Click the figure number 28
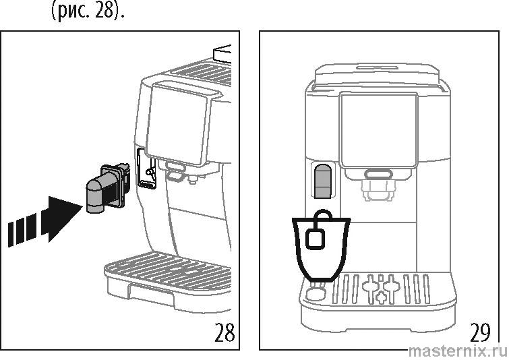[x=224, y=332]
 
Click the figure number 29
[x=480, y=332]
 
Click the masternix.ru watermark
[x=458, y=351]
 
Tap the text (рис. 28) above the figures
[x=88, y=11]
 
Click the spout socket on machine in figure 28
[x=146, y=169]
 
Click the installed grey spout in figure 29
[x=324, y=181]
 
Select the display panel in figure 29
[x=378, y=129]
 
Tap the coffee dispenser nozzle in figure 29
[x=378, y=190]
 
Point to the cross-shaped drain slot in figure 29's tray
[x=382, y=289]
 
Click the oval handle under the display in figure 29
[x=378, y=174]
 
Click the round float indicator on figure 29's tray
[x=316, y=295]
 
